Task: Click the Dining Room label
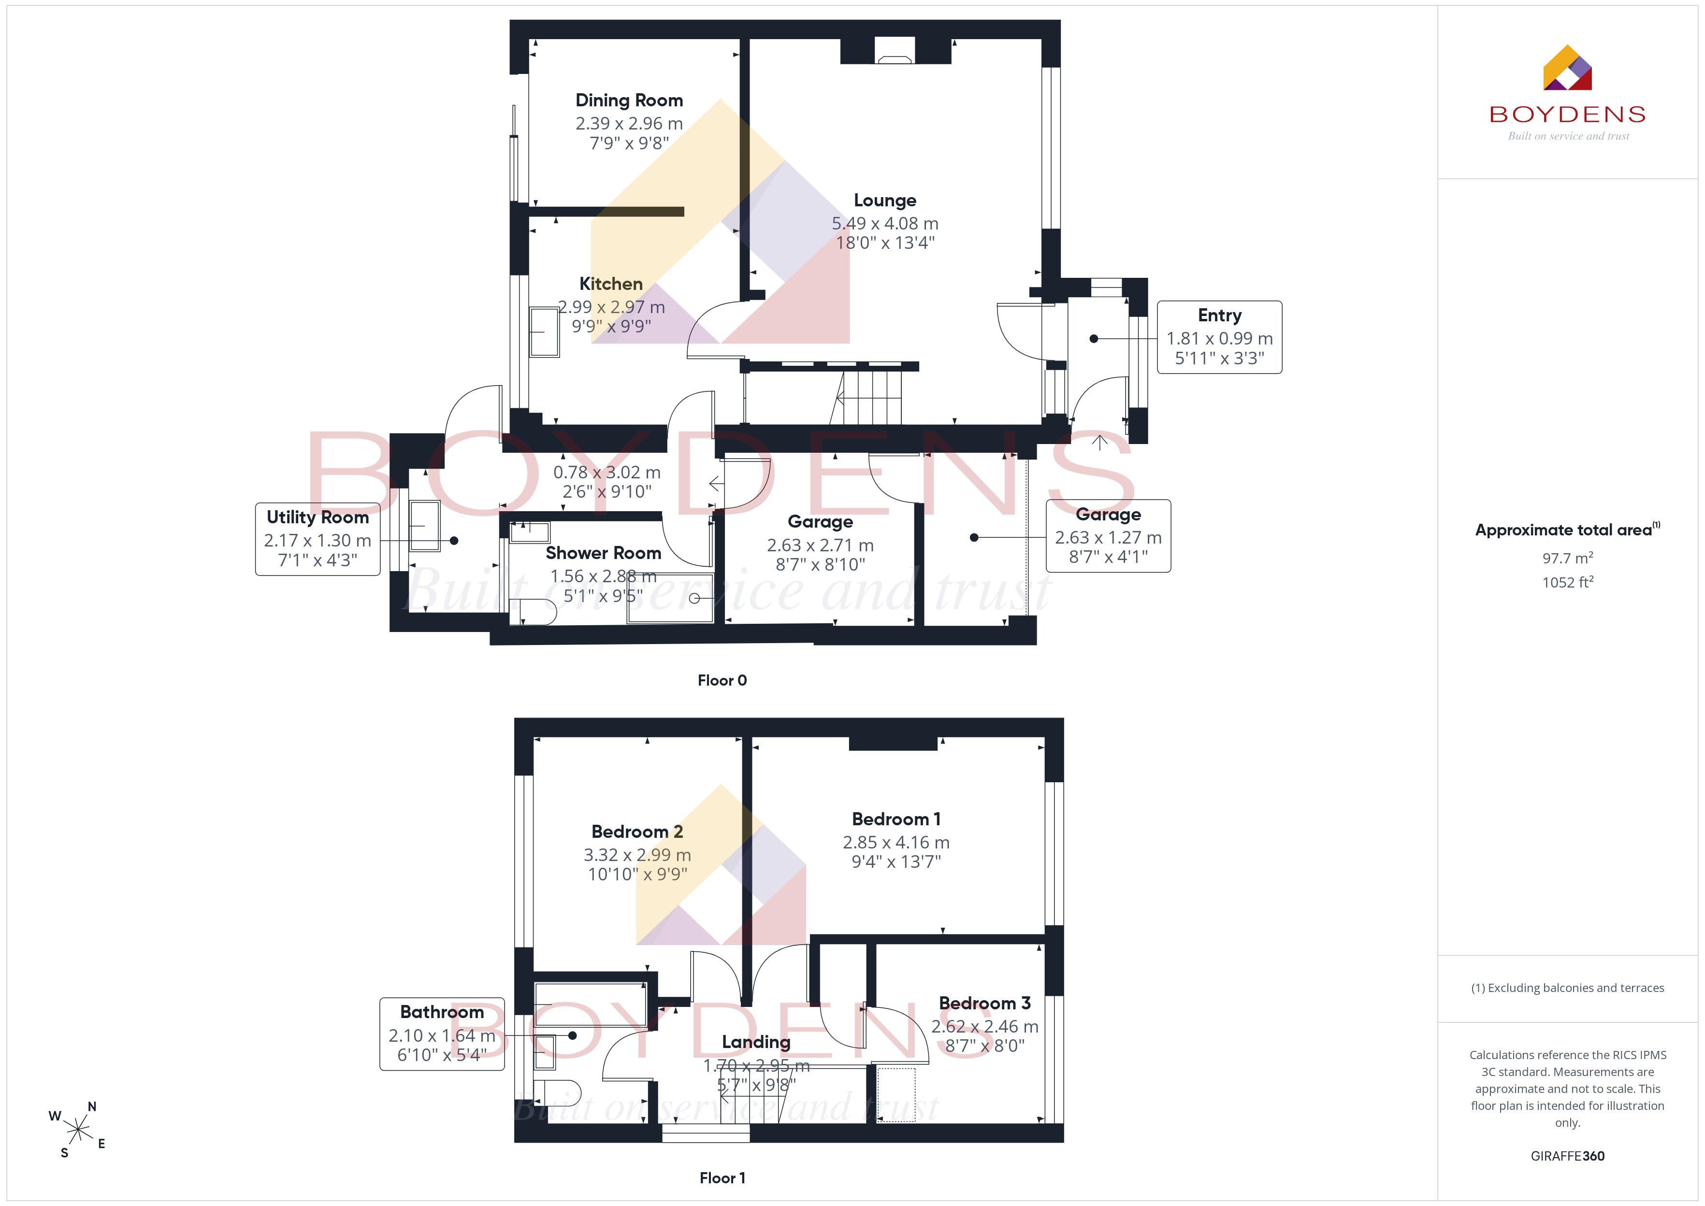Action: (x=629, y=100)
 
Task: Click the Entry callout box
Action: (x=1219, y=337)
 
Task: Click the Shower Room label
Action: (x=603, y=553)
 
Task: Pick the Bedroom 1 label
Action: (x=896, y=819)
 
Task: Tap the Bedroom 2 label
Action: (x=637, y=832)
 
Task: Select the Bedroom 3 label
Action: (x=985, y=1003)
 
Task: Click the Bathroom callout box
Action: (x=442, y=1034)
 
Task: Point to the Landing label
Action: (x=756, y=1043)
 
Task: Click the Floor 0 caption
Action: (x=722, y=680)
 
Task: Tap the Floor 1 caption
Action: (x=722, y=1178)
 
